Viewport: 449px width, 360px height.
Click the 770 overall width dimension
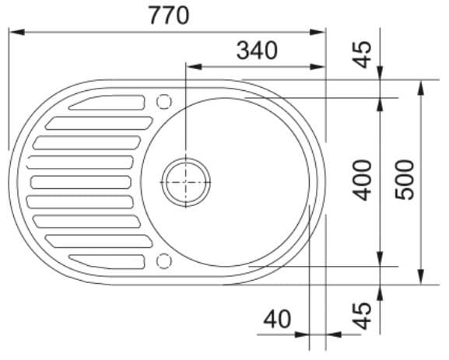click(169, 16)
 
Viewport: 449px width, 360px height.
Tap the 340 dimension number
click(257, 51)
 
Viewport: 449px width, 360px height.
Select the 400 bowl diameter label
click(362, 180)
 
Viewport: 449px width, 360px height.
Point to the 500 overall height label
click(405, 180)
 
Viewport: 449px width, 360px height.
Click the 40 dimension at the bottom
click(277, 319)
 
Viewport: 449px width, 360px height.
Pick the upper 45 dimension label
click(361, 55)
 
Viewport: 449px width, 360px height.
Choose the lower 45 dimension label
click(361, 316)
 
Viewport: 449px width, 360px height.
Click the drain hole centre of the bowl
click(186, 182)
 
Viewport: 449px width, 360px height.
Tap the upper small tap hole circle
click(164, 102)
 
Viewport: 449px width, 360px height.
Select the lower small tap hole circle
click(164, 261)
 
